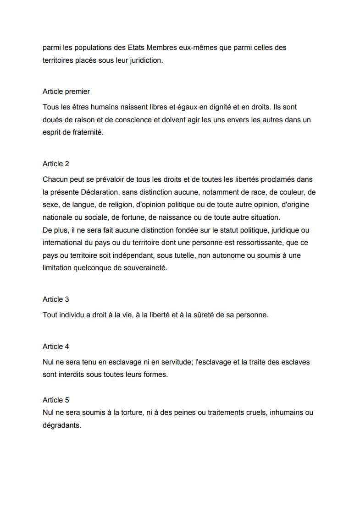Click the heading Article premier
66,92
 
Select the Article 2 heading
56,164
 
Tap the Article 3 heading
56,299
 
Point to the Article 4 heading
56,347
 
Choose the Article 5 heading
56,400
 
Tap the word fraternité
88,132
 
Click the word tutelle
183,255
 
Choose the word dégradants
62,425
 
